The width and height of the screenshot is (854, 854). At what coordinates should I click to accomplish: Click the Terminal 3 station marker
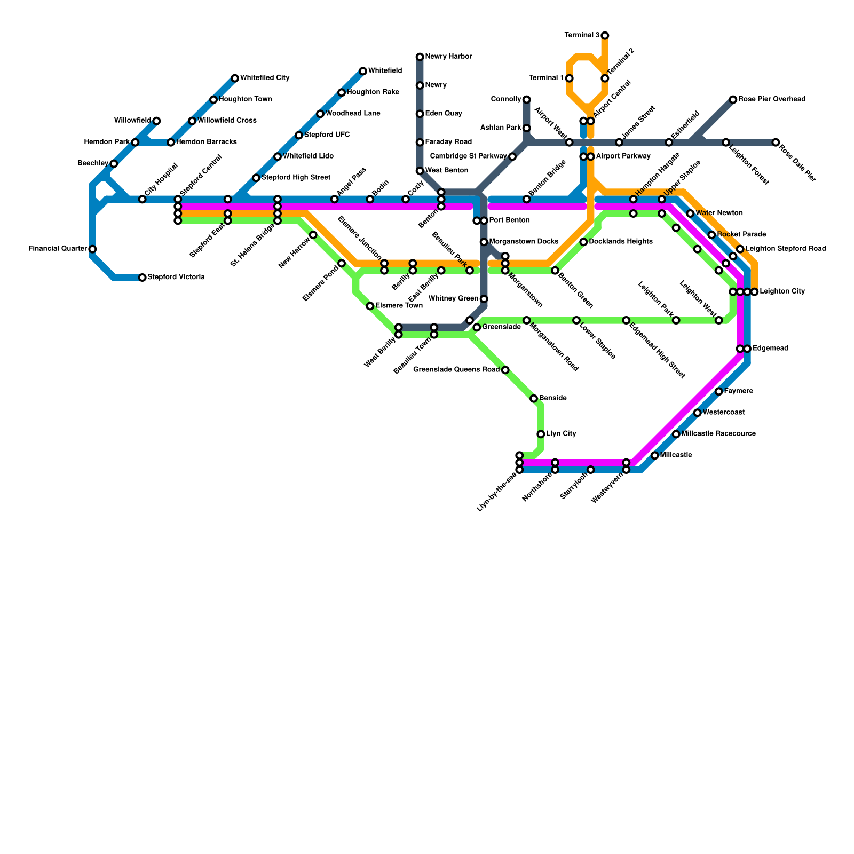tap(605, 36)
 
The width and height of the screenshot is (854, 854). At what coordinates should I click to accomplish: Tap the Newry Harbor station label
tap(448, 57)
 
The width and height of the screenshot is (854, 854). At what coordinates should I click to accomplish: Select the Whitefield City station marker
tap(235, 78)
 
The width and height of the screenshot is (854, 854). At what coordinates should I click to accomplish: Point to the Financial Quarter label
tap(58, 249)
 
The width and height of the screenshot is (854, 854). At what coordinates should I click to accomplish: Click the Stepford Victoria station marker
tap(143, 278)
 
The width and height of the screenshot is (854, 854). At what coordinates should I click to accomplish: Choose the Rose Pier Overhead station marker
tap(733, 100)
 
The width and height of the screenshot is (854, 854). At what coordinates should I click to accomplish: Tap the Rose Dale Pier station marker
tap(776, 143)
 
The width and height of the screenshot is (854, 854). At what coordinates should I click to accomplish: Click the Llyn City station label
tap(561, 434)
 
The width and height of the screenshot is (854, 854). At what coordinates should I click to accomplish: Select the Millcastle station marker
tap(655, 455)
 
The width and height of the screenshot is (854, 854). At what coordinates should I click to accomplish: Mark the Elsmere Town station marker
tap(370, 306)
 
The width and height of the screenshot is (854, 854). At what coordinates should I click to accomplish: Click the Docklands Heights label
tap(621, 242)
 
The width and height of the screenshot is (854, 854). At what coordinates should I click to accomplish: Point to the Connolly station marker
tap(527, 100)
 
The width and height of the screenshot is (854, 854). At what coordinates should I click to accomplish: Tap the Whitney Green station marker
tap(484, 299)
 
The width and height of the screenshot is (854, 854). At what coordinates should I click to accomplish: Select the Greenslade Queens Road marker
tap(505, 370)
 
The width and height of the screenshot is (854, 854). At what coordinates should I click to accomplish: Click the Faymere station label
tap(739, 391)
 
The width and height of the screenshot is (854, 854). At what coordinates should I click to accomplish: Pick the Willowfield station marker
tap(156, 121)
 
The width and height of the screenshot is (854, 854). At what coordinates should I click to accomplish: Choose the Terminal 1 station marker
tap(570, 78)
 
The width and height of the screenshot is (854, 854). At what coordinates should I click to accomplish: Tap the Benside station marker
tap(534, 399)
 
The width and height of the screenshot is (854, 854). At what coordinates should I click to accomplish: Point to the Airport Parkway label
tap(623, 156)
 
